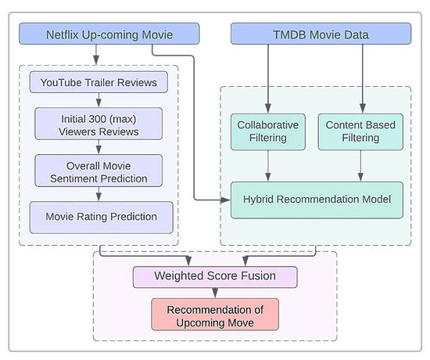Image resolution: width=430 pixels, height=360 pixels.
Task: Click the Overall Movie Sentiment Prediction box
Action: [x=99, y=171]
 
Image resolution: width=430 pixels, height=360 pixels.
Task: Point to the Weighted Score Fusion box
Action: [x=214, y=276]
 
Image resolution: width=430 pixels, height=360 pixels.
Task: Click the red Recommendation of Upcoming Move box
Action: [x=214, y=316]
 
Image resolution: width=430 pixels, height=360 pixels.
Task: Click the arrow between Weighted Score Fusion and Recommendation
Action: [x=214, y=293]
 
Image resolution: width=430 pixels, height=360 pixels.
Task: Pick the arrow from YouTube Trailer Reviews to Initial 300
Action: [x=99, y=100]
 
